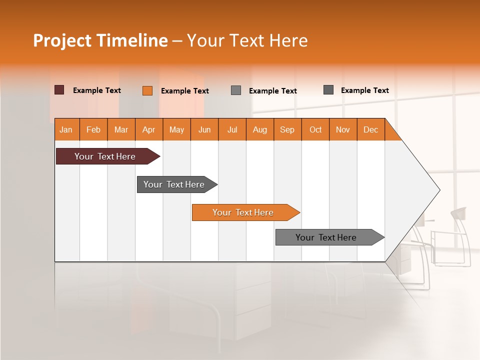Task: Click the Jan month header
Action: (x=66, y=129)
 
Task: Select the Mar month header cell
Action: (x=121, y=129)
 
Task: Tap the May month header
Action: (x=176, y=129)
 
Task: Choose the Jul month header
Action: (x=232, y=129)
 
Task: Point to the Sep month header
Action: (x=287, y=129)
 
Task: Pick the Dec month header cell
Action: (x=370, y=129)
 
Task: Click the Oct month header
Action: (x=315, y=129)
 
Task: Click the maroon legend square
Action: (x=59, y=90)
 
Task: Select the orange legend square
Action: (x=147, y=90)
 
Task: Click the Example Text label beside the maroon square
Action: (x=97, y=90)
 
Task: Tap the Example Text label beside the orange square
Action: (x=185, y=91)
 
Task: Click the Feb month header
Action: (x=93, y=129)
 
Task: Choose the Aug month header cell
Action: (x=259, y=129)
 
